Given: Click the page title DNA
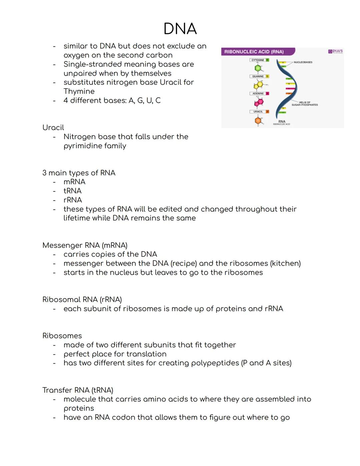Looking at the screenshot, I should [180, 29].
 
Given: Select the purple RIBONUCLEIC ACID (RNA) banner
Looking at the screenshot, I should [254, 52].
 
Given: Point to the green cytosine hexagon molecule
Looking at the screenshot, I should [258, 68].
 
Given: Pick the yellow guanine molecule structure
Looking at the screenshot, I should [258, 85].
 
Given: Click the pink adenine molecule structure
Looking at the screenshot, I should [258, 102].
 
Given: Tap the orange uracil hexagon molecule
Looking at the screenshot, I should [258, 120].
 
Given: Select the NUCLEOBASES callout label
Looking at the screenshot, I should [303, 62].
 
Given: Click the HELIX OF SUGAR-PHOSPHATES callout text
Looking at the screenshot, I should [304, 104].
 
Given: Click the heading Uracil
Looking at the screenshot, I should [53, 128].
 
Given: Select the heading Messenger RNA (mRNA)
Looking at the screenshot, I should [85, 246].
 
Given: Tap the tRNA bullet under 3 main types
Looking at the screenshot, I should [72, 191].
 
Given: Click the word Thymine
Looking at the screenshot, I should [79, 91].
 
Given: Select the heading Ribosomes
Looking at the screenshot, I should [62, 336].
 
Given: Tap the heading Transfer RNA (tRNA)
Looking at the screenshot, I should [78, 390].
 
